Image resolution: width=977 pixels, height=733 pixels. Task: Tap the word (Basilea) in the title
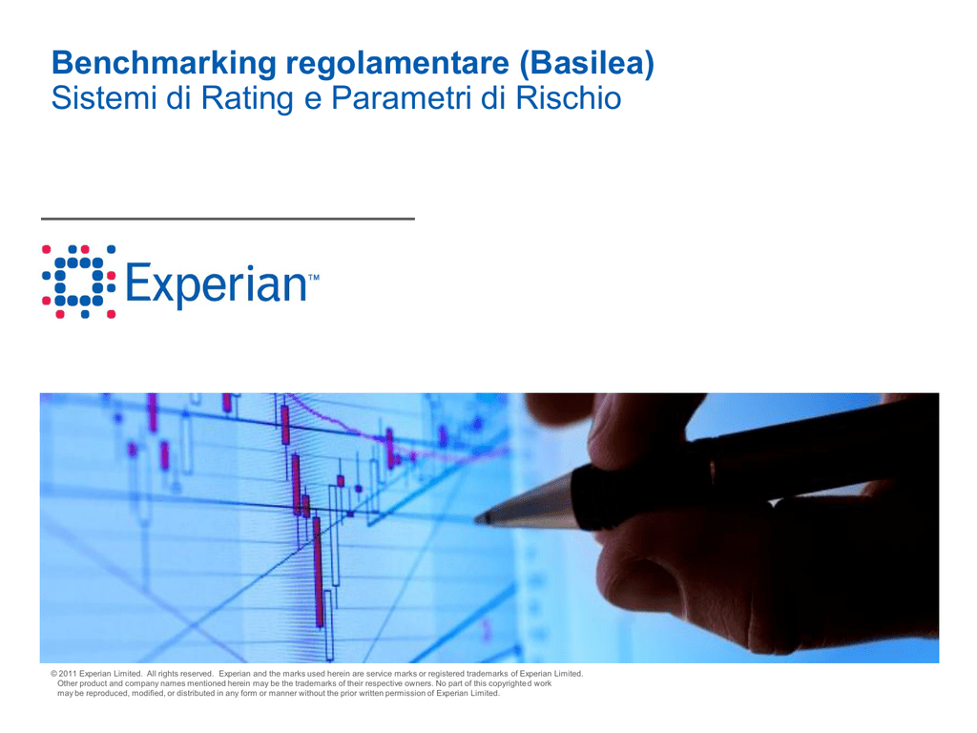(x=587, y=63)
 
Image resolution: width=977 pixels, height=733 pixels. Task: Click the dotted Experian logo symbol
(x=78, y=282)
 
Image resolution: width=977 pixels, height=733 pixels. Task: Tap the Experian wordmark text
(x=216, y=284)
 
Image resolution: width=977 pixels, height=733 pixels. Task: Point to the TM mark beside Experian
(x=313, y=278)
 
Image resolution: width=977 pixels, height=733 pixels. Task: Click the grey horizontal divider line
(x=228, y=219)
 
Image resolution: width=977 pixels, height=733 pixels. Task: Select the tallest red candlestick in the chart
(x=319, y=572)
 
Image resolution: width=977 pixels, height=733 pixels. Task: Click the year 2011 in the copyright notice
(x=68, y=674)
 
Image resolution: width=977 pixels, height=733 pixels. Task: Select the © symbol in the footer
(x=54, y=674)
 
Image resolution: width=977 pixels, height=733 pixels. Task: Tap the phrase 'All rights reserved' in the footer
(x=180, y=674)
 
